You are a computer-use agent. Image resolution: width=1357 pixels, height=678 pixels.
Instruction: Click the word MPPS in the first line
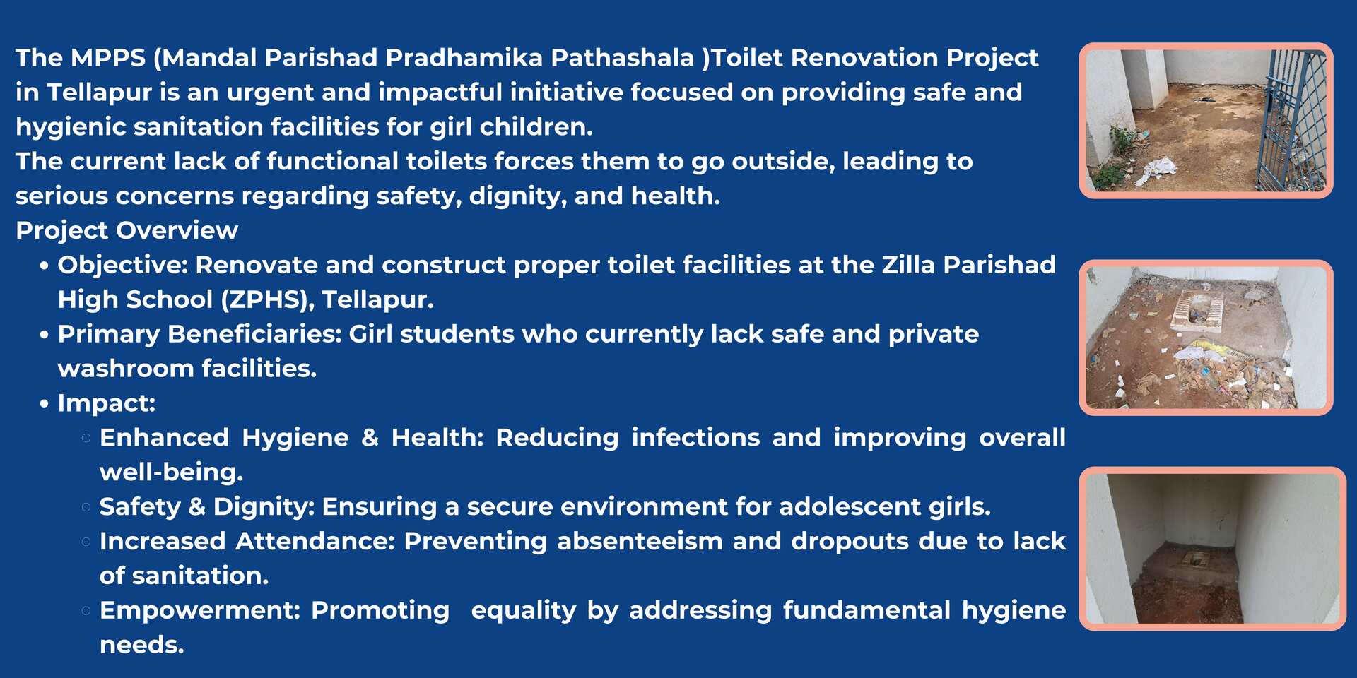(108, 58)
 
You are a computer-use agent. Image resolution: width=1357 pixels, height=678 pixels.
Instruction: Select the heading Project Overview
(127, 231)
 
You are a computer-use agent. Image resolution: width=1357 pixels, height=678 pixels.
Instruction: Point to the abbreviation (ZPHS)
(267, 300)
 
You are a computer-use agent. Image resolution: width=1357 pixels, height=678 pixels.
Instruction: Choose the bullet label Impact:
(107, 403)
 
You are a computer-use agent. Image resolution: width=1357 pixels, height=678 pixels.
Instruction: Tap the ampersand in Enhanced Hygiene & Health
(370, 438)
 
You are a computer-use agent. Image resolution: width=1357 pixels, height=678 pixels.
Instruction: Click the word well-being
(171, 472)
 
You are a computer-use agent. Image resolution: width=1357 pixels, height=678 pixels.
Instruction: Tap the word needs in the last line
(141, 646)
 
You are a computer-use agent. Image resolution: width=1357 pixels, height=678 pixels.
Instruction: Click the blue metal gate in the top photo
(1293, 120)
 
